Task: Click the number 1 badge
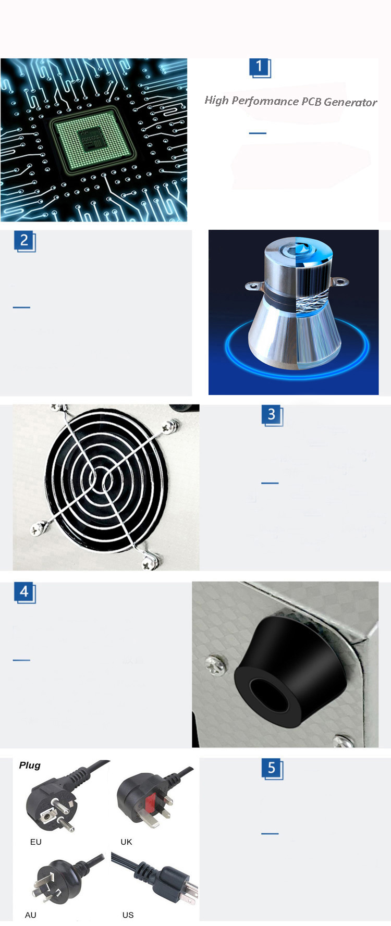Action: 260,67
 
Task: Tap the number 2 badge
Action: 24,241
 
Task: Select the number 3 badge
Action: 272,415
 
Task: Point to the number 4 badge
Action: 24,592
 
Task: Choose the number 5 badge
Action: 272,768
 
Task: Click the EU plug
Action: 52,802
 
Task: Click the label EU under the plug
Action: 36,842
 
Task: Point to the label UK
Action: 126,842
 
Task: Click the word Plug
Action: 30,765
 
